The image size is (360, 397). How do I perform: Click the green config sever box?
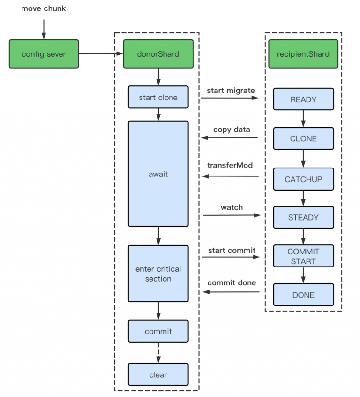point(44,54)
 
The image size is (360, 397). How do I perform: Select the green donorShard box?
point(158,54)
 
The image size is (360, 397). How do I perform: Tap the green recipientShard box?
point(303,54)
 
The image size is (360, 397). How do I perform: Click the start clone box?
point(158,98)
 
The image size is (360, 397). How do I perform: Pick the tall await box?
point(158,174)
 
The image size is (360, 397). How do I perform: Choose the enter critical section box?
point(158,274)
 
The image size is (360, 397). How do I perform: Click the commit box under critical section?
point(158,331)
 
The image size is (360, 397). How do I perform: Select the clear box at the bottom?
point(158,374)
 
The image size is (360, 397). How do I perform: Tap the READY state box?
point(303,99)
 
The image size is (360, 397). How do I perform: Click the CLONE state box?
point(303,139)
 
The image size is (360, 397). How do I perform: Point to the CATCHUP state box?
point(303,179)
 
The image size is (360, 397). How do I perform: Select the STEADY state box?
point(303,217)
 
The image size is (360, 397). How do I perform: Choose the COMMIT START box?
point(303,257)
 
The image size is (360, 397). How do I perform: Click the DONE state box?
point(303,295)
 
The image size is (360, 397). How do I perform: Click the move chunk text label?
point(44,9)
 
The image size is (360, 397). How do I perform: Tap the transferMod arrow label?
point(230,165)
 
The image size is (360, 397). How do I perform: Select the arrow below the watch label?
point(231,215)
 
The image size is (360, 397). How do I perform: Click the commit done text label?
point(232,282)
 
